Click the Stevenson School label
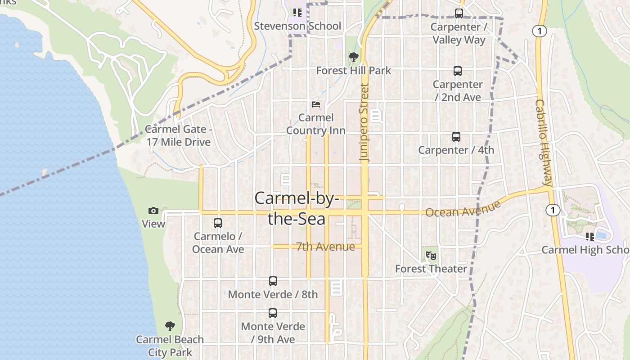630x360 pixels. (297, 26)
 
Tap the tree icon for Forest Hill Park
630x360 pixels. (354, 57)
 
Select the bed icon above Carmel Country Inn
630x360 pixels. (316, 104)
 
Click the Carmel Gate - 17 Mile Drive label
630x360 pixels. (179, 135)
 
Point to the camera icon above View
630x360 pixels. (153, 211)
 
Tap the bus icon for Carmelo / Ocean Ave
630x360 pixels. (218, 223)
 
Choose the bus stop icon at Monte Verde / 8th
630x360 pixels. (273, 281)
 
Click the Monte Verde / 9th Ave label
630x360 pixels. (273, 333)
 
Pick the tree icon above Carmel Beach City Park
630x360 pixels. (170, 326)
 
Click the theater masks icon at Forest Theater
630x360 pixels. (431, 256)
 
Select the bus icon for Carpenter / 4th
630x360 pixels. (456, 137)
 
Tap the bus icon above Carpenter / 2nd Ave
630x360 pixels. (457, 71)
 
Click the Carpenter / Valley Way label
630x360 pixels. (459, 33)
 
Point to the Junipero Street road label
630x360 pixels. (364, 122)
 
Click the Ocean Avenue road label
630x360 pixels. (463, 209)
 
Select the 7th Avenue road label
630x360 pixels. (325, 247)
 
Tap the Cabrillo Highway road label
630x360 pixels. (544, 143)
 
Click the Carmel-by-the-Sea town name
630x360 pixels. (297, 208)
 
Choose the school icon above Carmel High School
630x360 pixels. (589, 236)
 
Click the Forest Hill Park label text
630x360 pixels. (354, 71)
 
